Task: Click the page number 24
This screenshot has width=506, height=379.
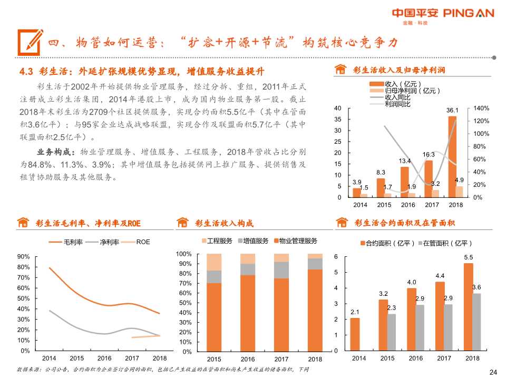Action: [x=493, y=372]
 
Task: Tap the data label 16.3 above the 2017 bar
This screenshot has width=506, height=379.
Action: [x=429, y=154]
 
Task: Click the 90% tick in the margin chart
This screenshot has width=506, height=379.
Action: [x=23, y=256]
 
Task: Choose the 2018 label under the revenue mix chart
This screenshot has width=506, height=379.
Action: [x=315, y=359]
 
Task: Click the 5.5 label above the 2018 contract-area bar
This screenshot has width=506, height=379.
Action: [x=469, y=257]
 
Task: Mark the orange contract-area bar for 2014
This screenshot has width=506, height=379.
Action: [x=355, y=334]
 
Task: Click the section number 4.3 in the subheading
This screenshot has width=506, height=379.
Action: [x=26, y=72]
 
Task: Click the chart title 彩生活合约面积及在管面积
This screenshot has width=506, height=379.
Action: [x=404, y=223]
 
